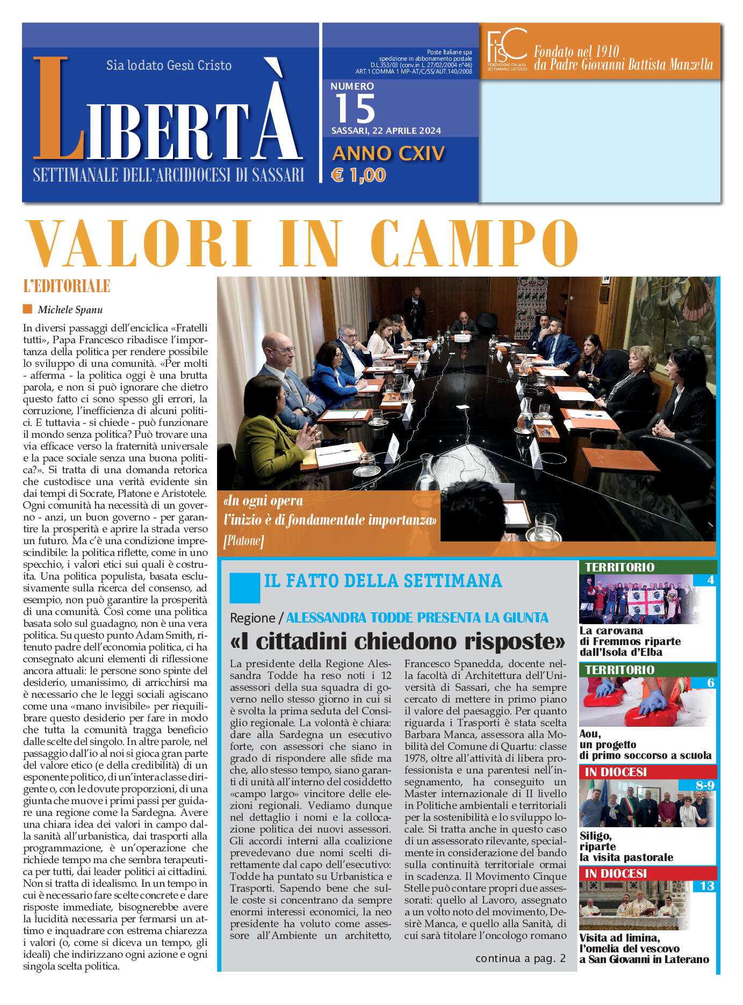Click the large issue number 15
pyautogui.click(x=355, y=109)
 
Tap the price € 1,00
pyautogui.click(x=358, y=175)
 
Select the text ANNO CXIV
pyautogui.click(x=388, y=154)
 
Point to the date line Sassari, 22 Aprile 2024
pyautogui.click(x=386, y=131)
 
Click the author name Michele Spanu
pyautogui.click(x=70, y=310)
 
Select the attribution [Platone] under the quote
pyautogui.click(x=243, y=541)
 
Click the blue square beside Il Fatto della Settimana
pyautogui.click(x=244, y=588)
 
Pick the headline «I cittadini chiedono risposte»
pyautogui.click(x=398, y=641)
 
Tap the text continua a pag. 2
pyautogui.click(x=520, y=958)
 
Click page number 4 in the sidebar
pyautogui.click(x=710, y=580)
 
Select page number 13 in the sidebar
pyautogui.click(x=706, y=886)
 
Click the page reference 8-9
pyautogui.click(x=704, y=785)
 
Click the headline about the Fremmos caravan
pyautogui.click(x=630, y=641)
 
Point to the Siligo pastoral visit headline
pyautogui.click(x=626, y=846)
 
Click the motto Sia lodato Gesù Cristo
pyautogui.click(x=169, y=66)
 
